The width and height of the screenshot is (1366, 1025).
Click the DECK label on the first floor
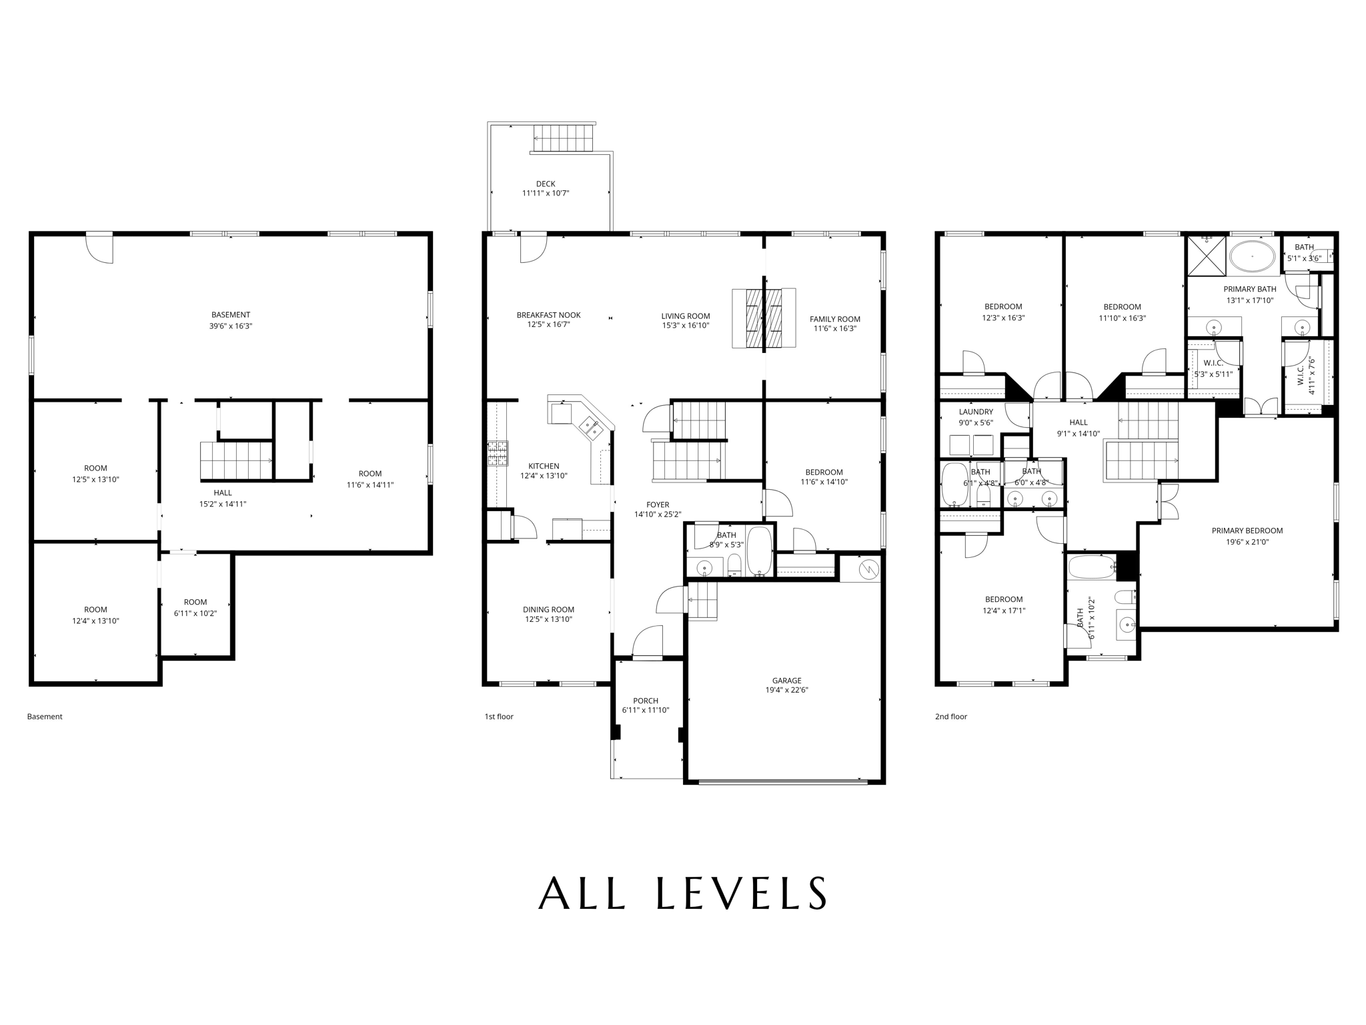[x=545, y=184]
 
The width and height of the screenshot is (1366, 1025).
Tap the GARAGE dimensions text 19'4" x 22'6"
[x=787, y=691]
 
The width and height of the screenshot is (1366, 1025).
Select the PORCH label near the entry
[x=645, y=701]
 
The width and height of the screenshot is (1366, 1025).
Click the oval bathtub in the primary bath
[x=1252, y=257]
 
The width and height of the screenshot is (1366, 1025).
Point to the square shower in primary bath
[x=1207, y=256]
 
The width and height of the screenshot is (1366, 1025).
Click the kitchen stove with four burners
[x=497, y=453]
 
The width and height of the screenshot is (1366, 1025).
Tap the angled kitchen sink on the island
[x=590, y=428]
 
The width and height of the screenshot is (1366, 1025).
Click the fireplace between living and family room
[x=764, y=318]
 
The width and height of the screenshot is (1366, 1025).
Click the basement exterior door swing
[x=100, y=248]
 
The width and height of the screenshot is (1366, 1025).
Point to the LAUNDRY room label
[x=976, y=412]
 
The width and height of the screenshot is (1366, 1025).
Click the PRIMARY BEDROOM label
[x=1247, y=531]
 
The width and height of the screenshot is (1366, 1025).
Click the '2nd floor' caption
[x=950, y=717]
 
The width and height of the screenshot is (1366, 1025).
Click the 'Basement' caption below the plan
[x=45, y=717]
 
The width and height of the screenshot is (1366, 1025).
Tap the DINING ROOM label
[x=548, y=609]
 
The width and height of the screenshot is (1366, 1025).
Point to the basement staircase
[x=236, y=460]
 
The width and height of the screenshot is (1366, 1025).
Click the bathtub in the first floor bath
[x=759, y=551]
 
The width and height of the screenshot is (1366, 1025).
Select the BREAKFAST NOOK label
[x=548, y=315]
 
